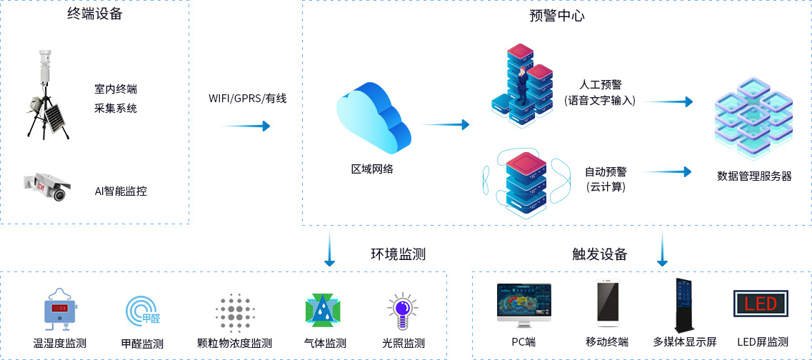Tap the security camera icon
47,186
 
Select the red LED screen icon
761,304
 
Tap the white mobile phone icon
608,303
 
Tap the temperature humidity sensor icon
60,309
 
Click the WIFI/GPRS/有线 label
247,99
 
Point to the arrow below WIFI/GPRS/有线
246,126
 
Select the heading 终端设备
95,14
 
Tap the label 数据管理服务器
754,176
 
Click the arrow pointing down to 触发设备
663,249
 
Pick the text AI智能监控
121,191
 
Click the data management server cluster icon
753,117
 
